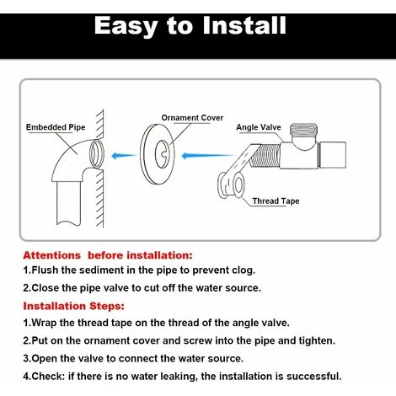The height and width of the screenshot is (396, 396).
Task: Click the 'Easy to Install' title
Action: coord(190,26)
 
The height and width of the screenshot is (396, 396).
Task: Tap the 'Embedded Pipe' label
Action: coord(56,127)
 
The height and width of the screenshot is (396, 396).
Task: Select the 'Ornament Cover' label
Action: coord(192,118)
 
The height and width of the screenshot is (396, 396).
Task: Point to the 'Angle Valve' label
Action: coord(259,127)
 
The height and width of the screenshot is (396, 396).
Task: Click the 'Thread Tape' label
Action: coord(276,201)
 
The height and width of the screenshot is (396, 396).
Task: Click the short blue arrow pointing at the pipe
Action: coord(123,155)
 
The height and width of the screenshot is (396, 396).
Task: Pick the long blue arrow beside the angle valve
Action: coord(208,155)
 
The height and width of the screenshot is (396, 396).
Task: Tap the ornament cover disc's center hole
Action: coord(163,154)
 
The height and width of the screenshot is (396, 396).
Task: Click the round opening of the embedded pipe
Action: coord(97,153)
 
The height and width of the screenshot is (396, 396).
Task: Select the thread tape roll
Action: coord(232,185)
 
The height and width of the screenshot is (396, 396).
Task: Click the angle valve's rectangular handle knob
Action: coord(333,155)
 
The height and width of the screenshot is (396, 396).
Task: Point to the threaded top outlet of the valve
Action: coord(303,130)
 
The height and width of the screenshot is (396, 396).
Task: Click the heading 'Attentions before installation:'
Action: coord(108,255)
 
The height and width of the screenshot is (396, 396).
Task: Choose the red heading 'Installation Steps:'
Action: coord(73,306)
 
